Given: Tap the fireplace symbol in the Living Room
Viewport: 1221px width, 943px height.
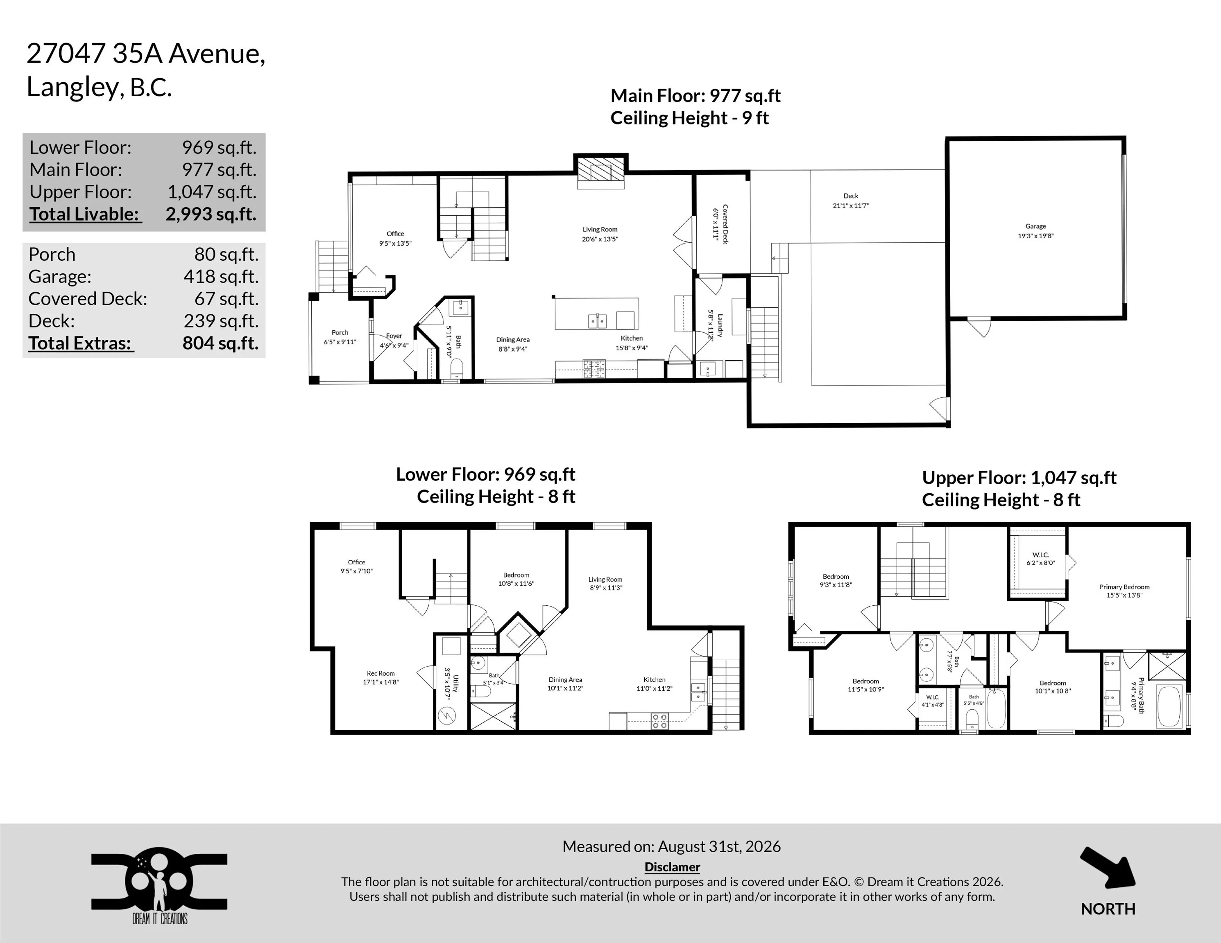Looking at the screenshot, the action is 601,169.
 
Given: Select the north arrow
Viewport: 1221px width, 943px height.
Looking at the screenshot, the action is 1108,868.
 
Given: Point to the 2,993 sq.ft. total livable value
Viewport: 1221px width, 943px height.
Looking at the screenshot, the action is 211,214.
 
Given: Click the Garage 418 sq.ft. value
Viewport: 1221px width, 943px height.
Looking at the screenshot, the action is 221,277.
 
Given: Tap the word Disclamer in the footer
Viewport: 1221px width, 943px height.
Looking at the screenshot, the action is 672,866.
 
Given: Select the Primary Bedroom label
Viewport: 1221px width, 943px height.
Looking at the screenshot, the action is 1124,591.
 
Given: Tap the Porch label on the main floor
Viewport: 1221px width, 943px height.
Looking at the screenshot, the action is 340,337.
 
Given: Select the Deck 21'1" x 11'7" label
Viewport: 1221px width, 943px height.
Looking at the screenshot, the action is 851,201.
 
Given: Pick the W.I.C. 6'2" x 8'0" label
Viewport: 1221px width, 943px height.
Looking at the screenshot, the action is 1040,559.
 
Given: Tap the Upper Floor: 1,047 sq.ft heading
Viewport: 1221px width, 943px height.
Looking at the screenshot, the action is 1019,478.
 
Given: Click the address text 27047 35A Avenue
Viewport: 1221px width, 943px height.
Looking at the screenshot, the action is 146,54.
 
